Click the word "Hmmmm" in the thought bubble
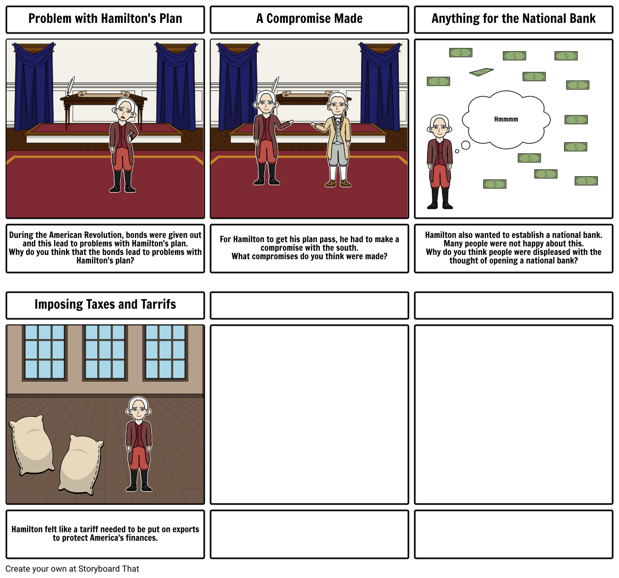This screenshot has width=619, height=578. coord(506,119)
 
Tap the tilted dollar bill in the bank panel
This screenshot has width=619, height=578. coord(481,72)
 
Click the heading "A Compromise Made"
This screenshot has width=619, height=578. coord(309,19)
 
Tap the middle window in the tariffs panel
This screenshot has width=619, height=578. coord(105,352)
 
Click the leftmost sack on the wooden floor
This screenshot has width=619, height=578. coord(31,445)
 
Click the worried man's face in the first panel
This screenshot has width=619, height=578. coord(124,110)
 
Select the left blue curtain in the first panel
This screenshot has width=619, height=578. coord(34,85)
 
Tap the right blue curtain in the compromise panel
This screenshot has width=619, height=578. coord(380,85)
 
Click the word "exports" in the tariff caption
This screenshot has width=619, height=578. coord(182,529)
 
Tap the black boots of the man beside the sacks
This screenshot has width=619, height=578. coord(138,481)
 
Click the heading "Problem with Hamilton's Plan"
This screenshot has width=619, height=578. coord(105,19)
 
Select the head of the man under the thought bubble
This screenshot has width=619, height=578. coord(439,125)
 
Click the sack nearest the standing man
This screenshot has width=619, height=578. coord(80,464)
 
